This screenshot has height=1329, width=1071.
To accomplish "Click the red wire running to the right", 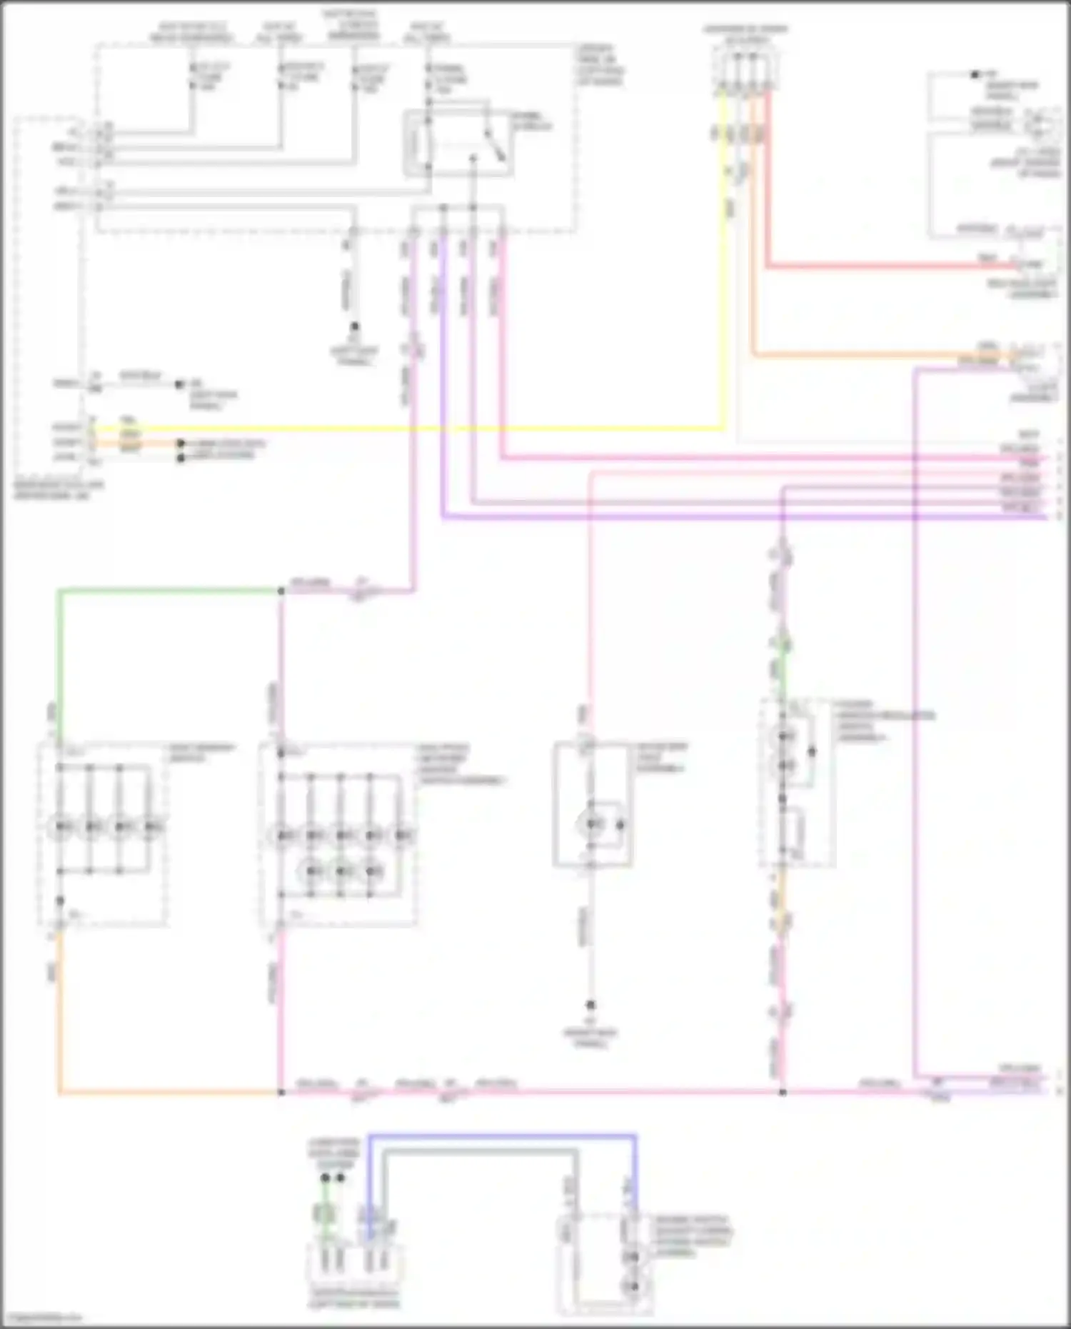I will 892,266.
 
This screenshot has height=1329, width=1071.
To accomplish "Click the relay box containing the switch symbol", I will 458,144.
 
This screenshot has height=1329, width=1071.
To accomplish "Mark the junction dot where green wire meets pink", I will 281,591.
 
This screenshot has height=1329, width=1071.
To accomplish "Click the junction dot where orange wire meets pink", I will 281,1092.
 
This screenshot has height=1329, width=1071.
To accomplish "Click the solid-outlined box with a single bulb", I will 592,804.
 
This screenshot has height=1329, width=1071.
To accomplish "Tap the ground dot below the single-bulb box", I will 590,1005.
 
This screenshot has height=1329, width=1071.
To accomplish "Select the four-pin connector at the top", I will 745,68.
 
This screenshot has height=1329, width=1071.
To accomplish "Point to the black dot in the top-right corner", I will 975,74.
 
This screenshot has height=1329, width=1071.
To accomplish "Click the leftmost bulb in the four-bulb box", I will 60,826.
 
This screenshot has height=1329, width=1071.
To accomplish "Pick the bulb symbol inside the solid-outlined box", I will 592,825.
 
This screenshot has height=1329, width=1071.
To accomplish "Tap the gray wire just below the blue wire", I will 478,1150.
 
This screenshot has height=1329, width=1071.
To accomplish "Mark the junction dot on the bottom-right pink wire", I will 783,1092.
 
